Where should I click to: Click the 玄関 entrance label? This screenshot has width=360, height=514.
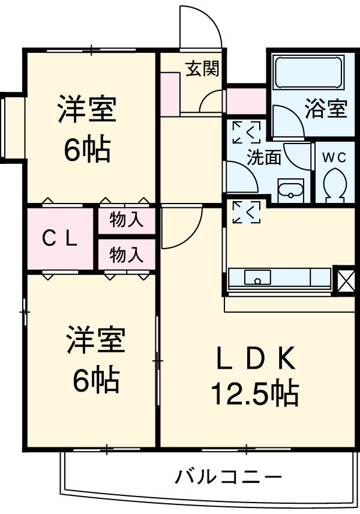point(202,69)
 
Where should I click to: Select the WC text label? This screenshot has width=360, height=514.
point(334,158)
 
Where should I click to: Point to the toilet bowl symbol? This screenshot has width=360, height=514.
point(334,185)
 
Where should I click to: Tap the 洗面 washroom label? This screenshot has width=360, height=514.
point(263,157)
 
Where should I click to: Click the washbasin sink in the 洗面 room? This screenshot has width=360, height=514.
point(290,190)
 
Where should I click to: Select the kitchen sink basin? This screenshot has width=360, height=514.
point(257,277)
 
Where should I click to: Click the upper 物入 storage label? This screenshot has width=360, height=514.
point(127,220)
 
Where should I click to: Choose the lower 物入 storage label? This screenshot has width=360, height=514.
point(127,255)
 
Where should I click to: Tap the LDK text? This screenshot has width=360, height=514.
point(255,358)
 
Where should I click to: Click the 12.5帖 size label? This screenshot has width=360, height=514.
point(255,393)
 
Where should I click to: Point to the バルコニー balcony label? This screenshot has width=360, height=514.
point(228,477)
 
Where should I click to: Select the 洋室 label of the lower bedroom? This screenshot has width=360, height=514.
point(95,339)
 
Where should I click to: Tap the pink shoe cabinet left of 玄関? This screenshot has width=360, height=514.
point(170,94)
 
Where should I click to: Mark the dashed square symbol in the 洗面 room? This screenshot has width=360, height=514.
point(247,133)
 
